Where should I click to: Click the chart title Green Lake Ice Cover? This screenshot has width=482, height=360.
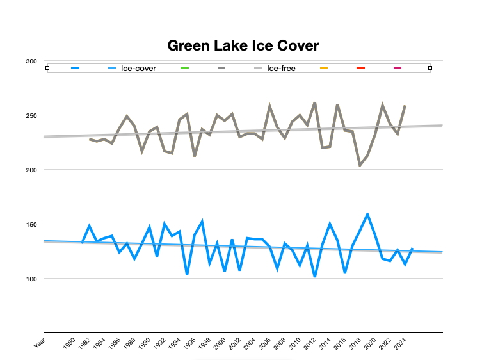243,45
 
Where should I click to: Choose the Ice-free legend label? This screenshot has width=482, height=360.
281,68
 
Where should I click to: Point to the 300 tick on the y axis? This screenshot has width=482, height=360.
31,61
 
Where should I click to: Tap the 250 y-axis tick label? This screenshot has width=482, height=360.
31,116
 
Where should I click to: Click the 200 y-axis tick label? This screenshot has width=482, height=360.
31,170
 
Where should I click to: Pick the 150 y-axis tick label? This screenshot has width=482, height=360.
31,225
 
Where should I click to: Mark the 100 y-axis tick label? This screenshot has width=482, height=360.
31,279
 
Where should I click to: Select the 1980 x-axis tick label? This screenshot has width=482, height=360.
70,345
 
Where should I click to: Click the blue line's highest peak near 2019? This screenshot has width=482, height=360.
367,213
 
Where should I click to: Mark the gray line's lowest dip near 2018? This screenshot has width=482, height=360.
360,166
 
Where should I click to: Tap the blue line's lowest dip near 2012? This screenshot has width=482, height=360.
315,277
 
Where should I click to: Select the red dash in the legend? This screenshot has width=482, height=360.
360,68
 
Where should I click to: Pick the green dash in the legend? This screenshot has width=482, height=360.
186,68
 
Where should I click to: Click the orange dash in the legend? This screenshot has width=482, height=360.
324,68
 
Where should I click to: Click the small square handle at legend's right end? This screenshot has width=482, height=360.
430,68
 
